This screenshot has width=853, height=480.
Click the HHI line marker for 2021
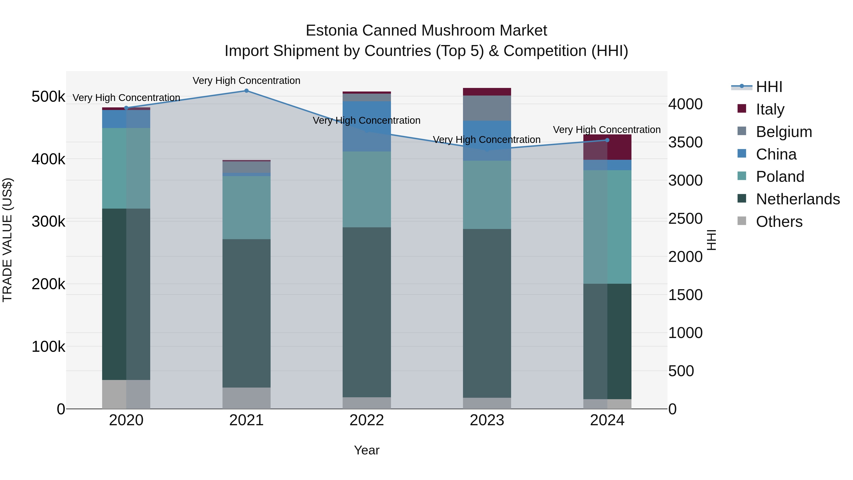pyautogui.click(x=246, y=91)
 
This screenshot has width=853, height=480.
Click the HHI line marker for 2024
pyautogui.click(x=607, y=140)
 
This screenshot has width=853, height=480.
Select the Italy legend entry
pyautogui.click(x=770, y=109)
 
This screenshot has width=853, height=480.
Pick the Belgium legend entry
pyautogui.click(x=784, y=132)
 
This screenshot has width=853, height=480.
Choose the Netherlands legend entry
pyautogui.click(x=797, y=199)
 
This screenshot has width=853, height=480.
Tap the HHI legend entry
pyautogui.click(x=769, y=87)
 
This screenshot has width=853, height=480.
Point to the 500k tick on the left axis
pyautogui.click(x=48, y=97)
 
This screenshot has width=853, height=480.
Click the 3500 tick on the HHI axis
pyautogui.click(x=685, y=142)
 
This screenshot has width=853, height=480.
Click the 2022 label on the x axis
pyautogui.click(x=367, y=420)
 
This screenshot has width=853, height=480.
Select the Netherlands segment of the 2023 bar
pyautogui.click(x=487, y=313)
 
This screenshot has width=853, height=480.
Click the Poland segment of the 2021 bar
pyautogui.click(x=246, y=207)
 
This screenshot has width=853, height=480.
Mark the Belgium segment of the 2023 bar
pyautogui.click(x=487, y=108)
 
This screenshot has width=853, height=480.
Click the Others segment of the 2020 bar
pyautogui.click(x=126, y=394)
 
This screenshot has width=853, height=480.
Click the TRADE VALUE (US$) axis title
pyautogui.click(x=7, y=240)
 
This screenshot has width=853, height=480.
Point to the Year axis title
pyautogui.click(x=367, y=450)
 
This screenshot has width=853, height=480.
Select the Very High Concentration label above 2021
pyautogui.click(x=246, y=81)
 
